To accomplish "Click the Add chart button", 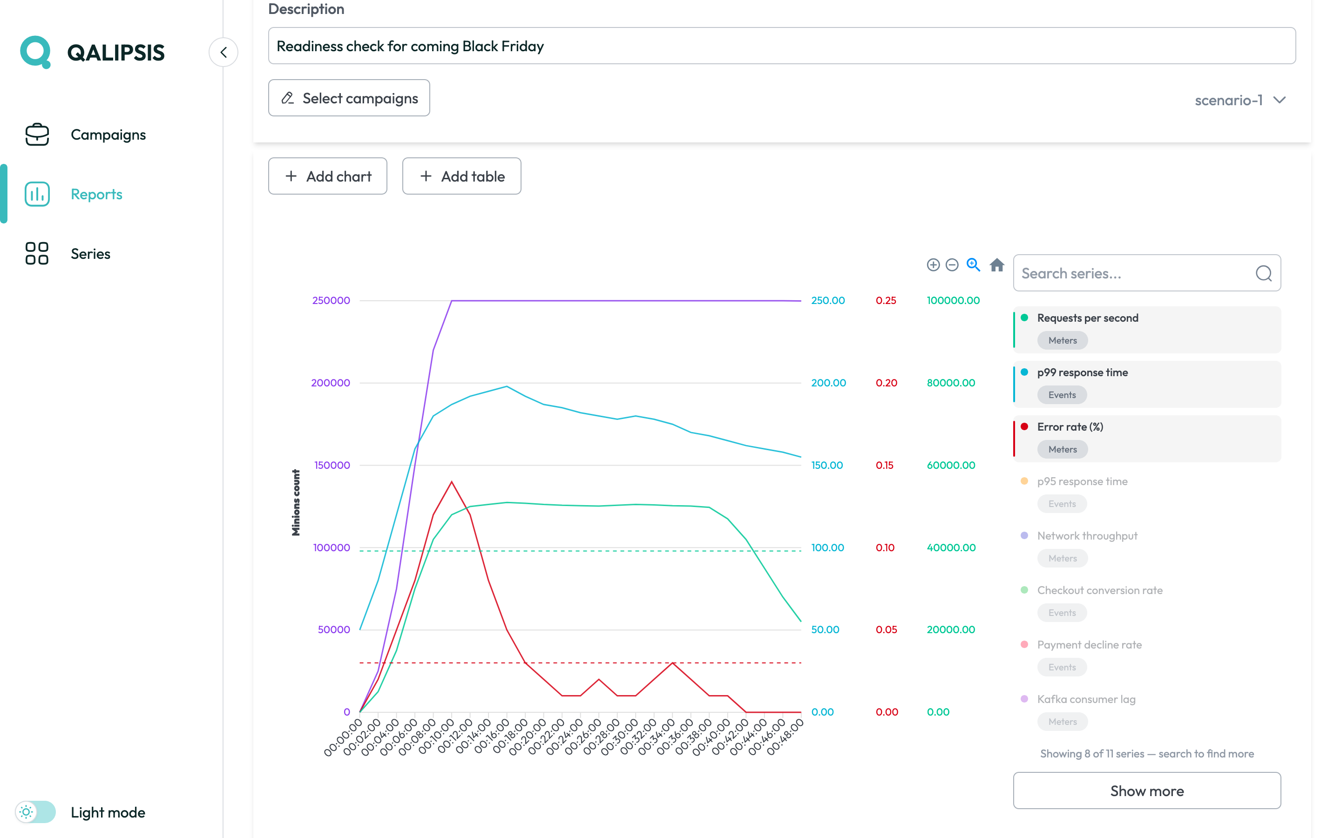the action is pyautogui.click(x=327, y=176).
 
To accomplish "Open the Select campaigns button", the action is pyautogui.click(x=349, y=98).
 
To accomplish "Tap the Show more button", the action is pyautogui.click(x=1146, y=791).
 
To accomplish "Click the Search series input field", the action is pyautogui.click(x=1146, y=273).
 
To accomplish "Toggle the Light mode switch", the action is pyautogui.click(x=35, y=812).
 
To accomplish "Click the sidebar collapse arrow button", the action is pyautogui.click(x=223, y=53).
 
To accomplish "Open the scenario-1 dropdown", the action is pyautogui.click(x=1239, y=100).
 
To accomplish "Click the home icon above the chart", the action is pyautogui.click(x=997, y=265).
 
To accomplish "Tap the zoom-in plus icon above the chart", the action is pyautogui.click(x=933, y=265).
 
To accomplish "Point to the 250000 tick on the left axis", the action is pyautogui.click(x=332, y=300).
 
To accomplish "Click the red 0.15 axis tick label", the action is pyautogui.click(x=884, y=465).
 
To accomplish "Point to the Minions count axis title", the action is pyautogui.click(x=296, y=503).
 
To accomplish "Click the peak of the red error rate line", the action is pyautogui.click(x=452, y=482).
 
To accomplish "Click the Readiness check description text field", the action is pyautogui.click(x=782, y=46).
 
